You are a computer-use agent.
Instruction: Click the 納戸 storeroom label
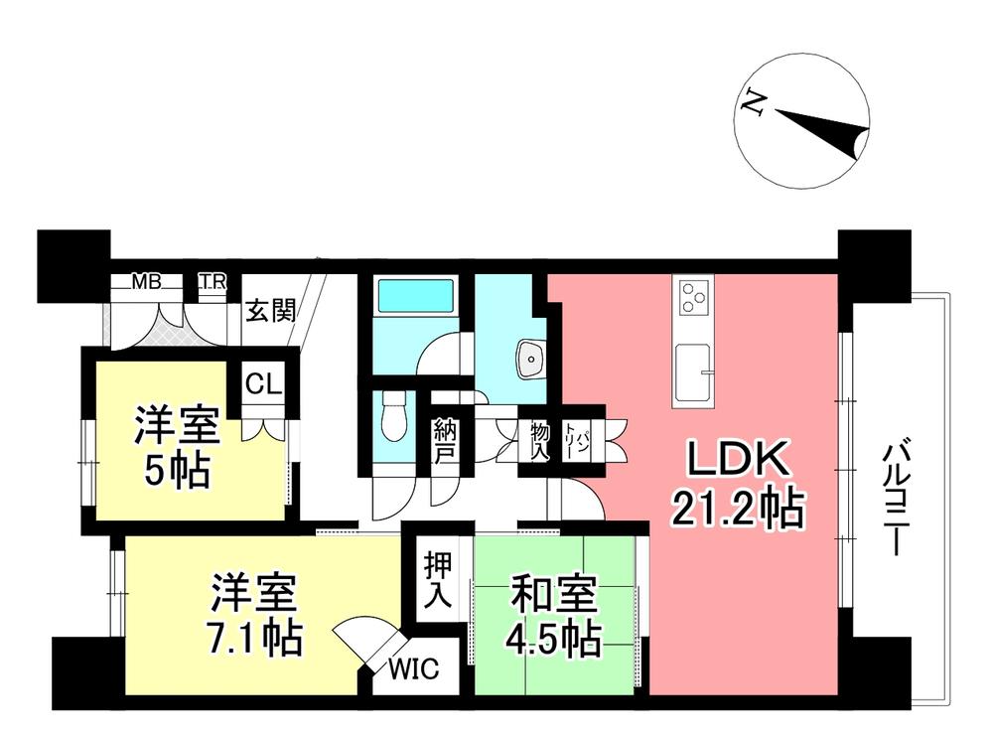(444, 441)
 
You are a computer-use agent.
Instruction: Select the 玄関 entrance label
(270, 311)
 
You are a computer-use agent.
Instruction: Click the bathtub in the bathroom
(415, 297)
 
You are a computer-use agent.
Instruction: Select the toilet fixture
(393, 416)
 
